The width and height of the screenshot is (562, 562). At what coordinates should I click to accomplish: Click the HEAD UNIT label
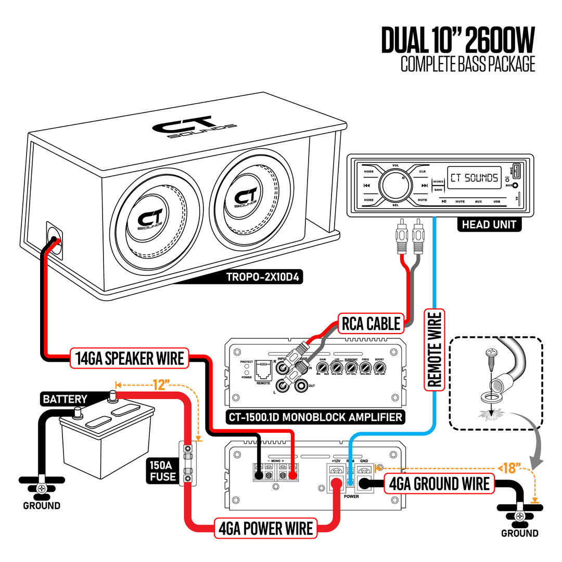[x=489, y=224]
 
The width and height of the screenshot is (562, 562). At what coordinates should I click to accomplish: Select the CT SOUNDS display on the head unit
[x=473, y=177]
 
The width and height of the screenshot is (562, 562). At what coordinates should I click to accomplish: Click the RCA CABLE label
[x=371, y=324]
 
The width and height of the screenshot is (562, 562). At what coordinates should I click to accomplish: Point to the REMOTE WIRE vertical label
[x=434, y=349]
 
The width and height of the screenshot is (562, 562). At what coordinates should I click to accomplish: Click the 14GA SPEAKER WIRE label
[x=129, y=358]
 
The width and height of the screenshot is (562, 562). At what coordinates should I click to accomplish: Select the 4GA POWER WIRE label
[x=266, y=528]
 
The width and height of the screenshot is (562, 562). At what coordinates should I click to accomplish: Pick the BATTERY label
[x=65, y=399]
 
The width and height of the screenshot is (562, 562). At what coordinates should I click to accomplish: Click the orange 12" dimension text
[x=162, y=385]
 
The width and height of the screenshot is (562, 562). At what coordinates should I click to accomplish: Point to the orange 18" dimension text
[x=512, y=468]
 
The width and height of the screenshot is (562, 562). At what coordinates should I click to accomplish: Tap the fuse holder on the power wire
[x=188, y=464]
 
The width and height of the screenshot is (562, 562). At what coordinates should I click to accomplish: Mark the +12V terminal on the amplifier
[x=336, y=472]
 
